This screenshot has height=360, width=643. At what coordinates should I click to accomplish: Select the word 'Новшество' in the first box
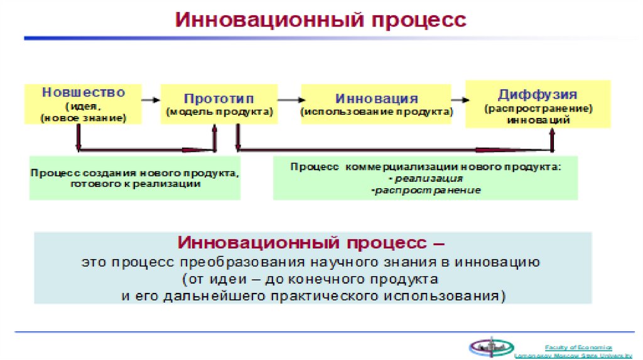(x=84, y=92)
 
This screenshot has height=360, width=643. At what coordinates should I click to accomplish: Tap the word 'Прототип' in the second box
(x=219, y=99)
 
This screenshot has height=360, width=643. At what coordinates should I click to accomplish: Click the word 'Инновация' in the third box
(x=376, y=99)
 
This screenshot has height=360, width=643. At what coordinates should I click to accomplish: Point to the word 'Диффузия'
(x=538, y=95)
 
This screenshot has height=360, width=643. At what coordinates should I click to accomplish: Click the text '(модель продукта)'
(x=219, y=112)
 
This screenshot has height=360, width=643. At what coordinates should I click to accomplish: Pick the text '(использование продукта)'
(x=376, y=112)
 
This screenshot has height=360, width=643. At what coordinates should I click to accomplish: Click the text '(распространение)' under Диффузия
(x=538, y=109)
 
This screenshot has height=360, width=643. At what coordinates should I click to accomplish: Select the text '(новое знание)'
(x=84, y=117)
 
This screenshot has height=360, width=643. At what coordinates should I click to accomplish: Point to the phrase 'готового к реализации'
(x=135, y=184)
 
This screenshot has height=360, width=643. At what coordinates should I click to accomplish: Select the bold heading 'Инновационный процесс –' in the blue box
(x=312, y=243)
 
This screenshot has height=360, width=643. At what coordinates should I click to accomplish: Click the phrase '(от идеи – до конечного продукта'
(x=312, y=278)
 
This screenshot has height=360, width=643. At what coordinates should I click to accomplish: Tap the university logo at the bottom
(x=491, y=347)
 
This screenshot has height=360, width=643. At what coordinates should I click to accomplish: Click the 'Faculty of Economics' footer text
(x=578, y=347)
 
